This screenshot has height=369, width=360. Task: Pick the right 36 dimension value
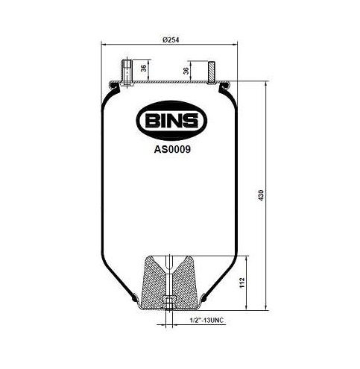click(186, 72)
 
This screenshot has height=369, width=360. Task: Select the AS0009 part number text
click(171, 148)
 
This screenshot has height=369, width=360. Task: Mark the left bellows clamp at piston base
click(135, 300)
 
